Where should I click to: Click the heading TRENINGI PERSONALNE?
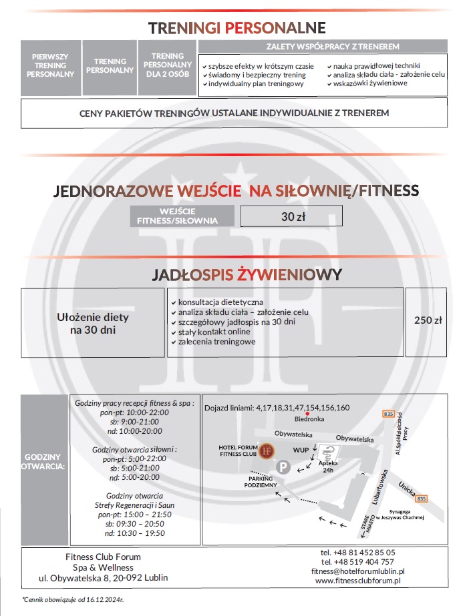pos(237,27)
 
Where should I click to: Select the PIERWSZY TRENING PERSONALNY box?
pos(50,65)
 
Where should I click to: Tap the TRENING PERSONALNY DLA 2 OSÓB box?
pos(168,65)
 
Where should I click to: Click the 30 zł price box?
pos(291,216)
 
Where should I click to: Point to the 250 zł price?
pos(428,320)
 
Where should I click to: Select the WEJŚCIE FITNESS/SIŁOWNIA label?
pos(183,216)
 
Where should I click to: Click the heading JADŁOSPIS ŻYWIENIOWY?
pos(247,274)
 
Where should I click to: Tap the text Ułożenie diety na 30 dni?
pos(94,323)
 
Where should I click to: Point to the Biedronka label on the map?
pos(309,419)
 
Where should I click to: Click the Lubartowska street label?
pos(378,489)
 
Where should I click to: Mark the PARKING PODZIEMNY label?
pos(262,482)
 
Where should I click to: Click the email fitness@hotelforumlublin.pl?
pos(358,571)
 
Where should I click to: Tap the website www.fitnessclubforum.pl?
pos(358,581)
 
